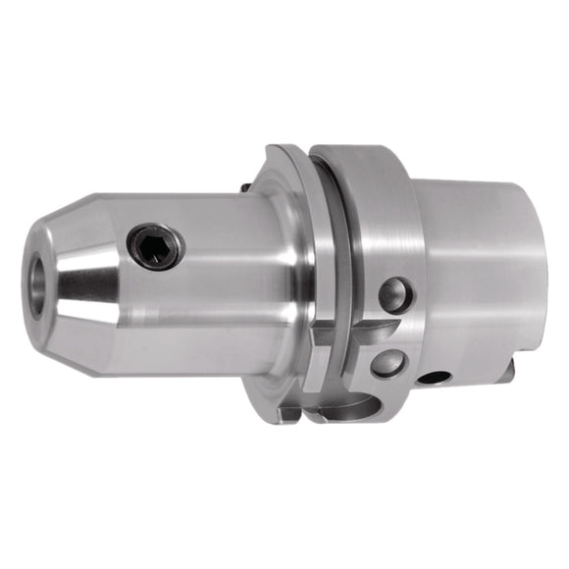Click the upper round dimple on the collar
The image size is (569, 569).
coord(394,293)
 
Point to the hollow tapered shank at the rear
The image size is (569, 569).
coord(481,265)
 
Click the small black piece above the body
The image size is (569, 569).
coord(241,183)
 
